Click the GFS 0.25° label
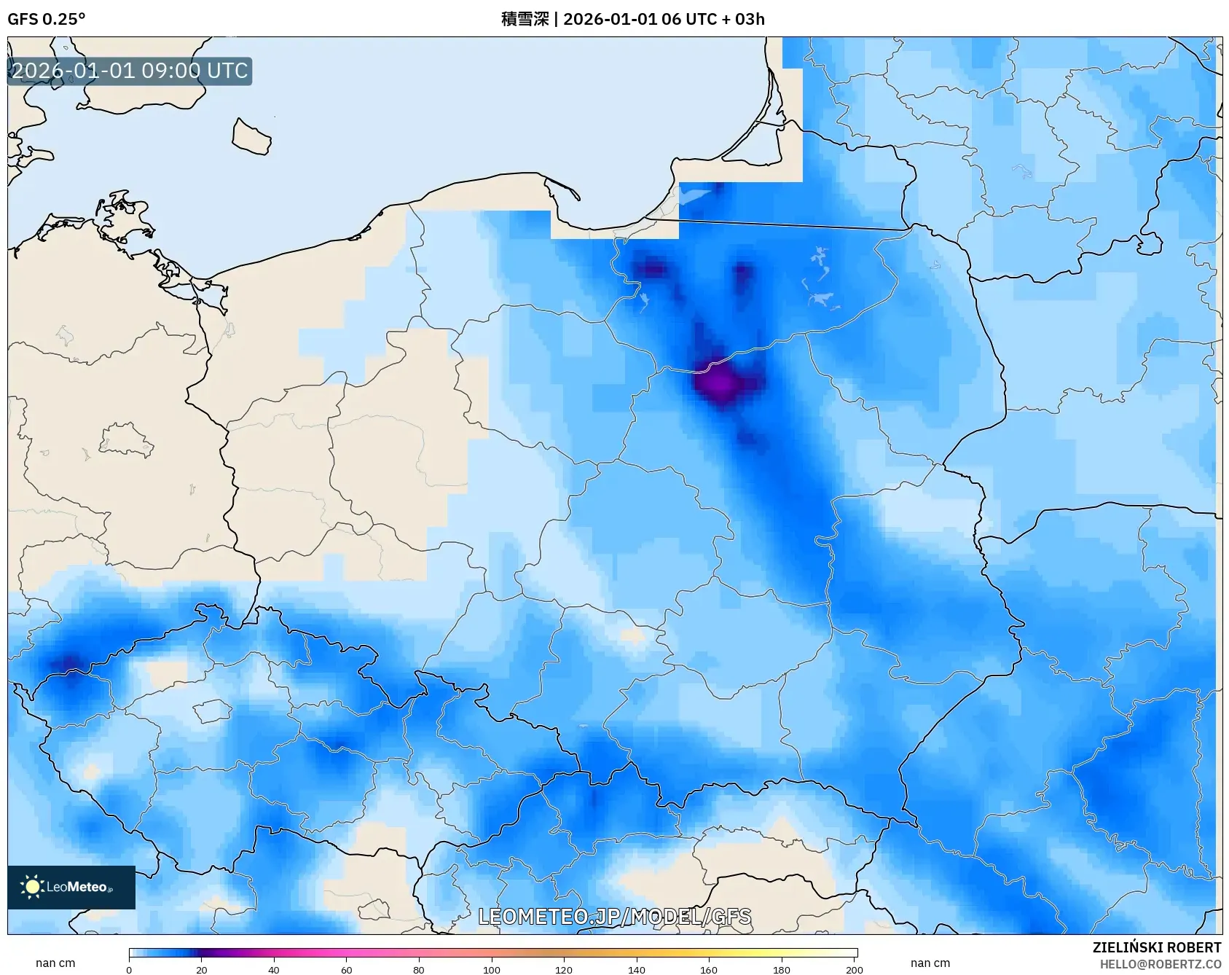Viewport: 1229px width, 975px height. point(46,19)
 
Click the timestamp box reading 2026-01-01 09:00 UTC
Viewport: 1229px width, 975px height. point(130,71)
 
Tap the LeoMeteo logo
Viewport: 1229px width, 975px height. point(71,887)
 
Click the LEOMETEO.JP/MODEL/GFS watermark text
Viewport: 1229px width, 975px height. point(614,917)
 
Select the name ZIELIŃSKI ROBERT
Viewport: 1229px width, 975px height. point(1156,947)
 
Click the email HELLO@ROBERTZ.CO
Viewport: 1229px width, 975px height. point(1160,964)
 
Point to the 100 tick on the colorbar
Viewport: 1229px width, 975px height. point(492,970)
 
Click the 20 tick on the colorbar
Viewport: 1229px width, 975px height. point(202,970)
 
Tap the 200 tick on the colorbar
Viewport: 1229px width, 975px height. point(855,970)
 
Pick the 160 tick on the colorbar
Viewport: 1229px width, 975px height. point(709,970)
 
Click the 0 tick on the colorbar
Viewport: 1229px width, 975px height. point(129,970)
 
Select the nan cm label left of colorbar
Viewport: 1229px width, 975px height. point(55,963)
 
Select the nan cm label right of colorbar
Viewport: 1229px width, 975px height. point(930,963)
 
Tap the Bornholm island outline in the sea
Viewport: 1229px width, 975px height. point(251,137)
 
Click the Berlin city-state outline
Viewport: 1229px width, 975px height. point(125,440)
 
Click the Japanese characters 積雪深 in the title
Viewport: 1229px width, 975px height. point(525,19)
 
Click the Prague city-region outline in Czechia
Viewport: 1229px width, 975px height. point(212,710)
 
